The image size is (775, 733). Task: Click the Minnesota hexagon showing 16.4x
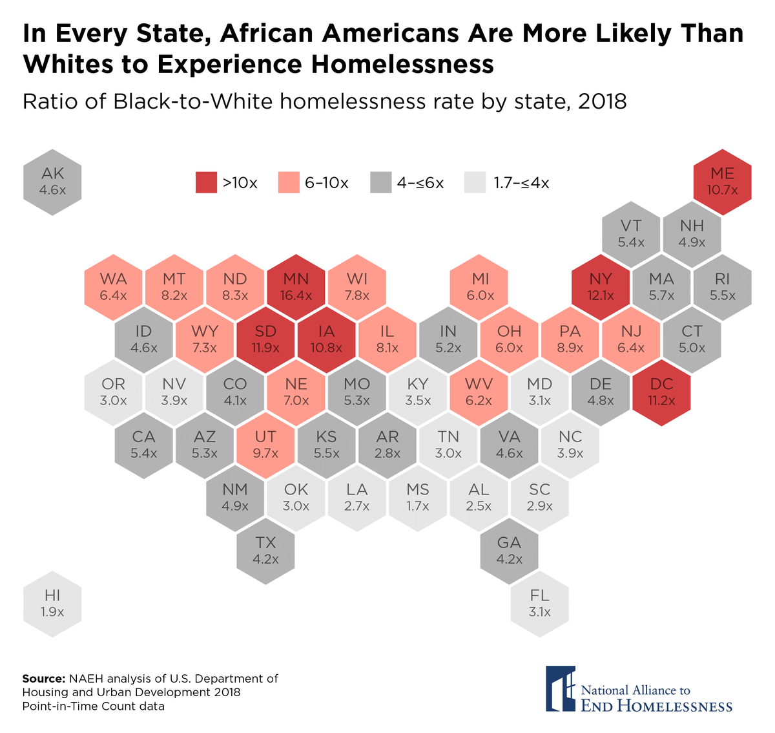pos(296,286)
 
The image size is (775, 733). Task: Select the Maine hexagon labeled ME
pos(722,181)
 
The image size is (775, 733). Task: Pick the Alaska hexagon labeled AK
pos(52,181)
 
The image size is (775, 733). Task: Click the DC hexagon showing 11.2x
pos(661,392)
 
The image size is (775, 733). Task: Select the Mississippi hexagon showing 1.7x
pos(418,497)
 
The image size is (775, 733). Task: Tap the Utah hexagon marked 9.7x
pos(265,445)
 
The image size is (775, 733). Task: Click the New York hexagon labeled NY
pos(601,286)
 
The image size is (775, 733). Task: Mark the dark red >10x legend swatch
pos(206,183)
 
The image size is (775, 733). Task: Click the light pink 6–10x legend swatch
pos(288,183)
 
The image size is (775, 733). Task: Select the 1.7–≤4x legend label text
pos(521,183)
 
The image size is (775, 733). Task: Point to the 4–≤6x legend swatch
pos(381,183)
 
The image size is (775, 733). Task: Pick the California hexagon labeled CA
pos(143,445)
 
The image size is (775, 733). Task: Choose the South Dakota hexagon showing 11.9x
pos(265,339)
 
